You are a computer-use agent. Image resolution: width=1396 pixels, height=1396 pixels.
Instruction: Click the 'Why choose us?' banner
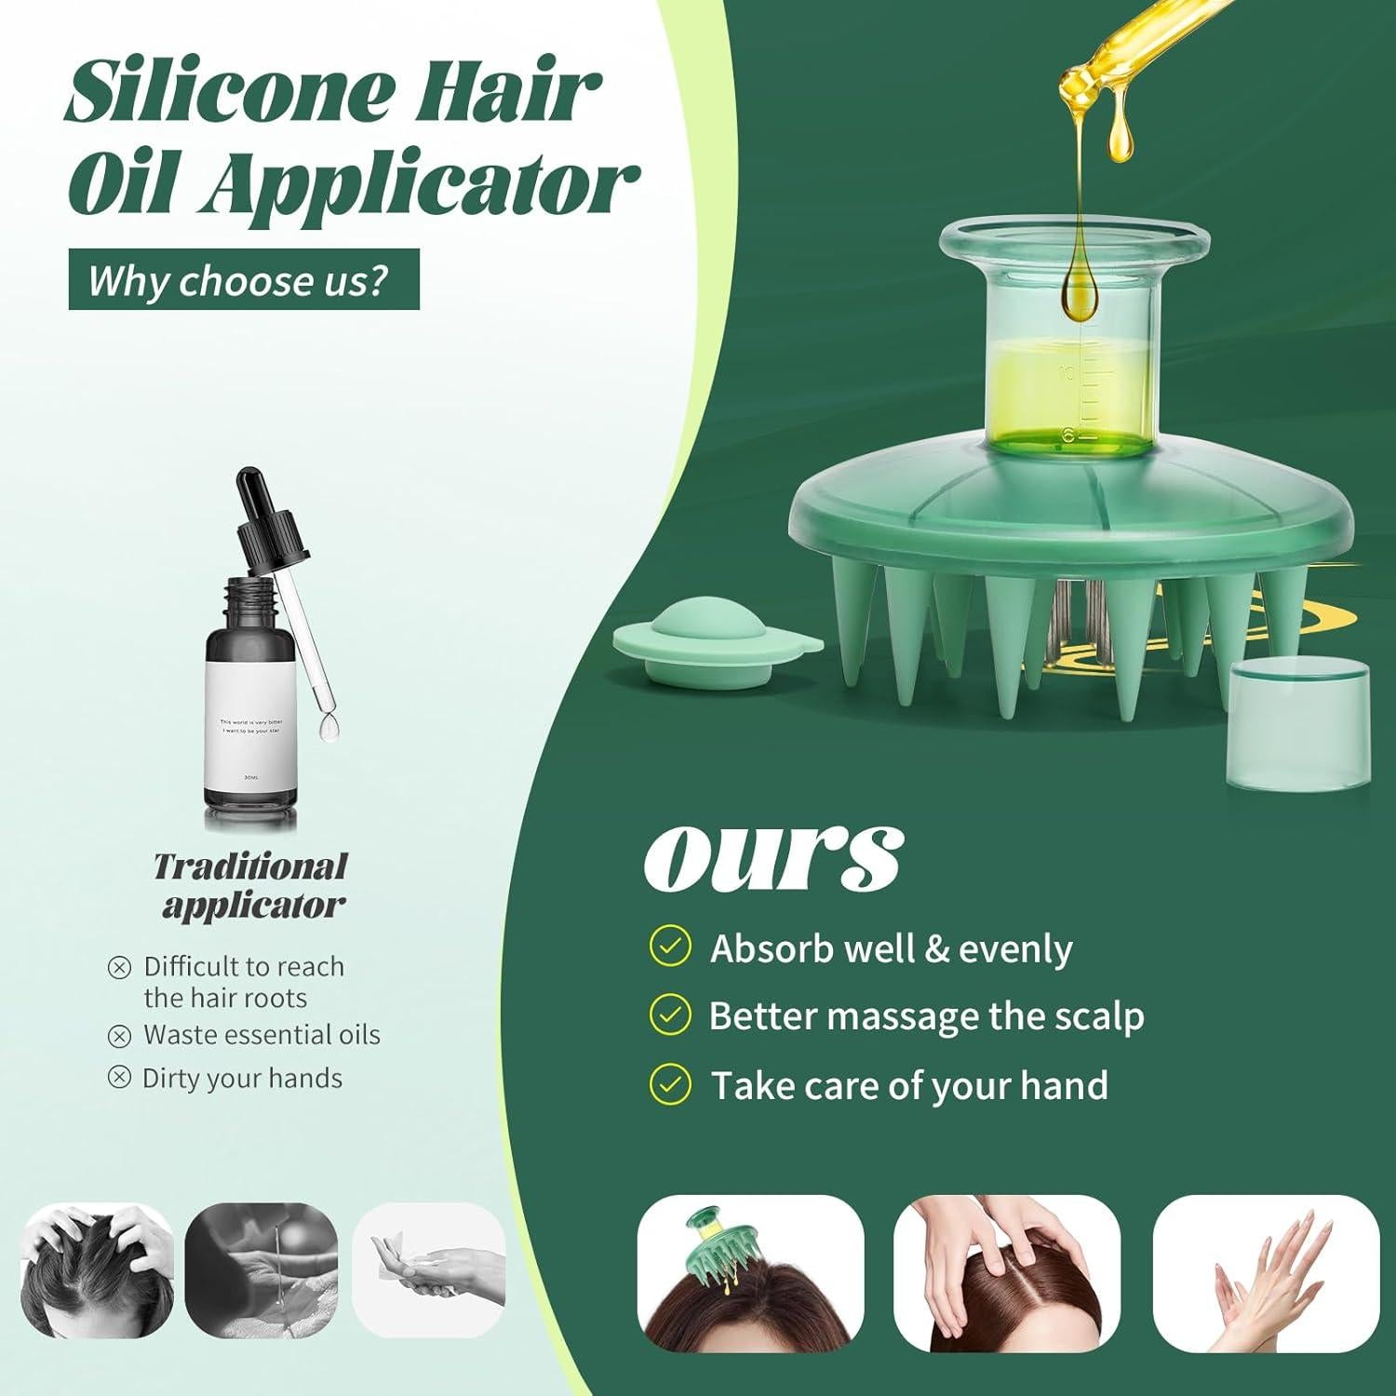point(244,279)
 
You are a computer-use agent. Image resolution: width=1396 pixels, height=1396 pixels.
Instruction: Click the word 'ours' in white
point(772,854)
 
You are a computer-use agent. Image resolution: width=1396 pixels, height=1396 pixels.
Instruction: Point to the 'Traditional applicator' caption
point(250,885)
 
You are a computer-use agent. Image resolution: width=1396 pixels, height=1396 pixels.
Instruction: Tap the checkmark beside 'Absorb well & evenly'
point(669,947)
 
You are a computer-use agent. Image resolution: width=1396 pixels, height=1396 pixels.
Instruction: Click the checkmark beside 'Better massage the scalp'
point(669,1015)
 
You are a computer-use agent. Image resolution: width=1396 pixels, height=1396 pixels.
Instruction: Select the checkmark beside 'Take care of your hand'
point(669,1084)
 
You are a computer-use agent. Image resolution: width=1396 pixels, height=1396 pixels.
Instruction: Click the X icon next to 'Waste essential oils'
point(119,1035)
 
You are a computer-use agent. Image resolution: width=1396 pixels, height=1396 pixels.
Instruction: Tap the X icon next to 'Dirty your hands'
point(119,1078)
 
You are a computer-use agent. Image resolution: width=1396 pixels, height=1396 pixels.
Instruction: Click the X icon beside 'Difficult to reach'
point(119,968)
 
